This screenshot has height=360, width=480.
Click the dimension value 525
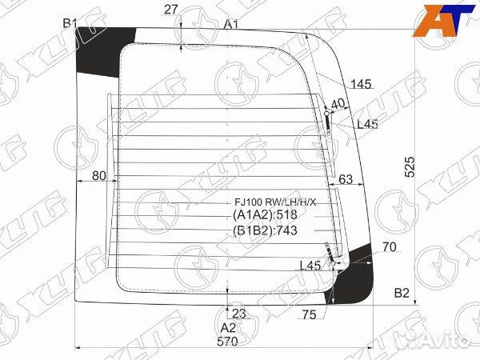410,166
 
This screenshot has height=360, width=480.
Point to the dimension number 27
170,10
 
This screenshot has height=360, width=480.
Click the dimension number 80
99,176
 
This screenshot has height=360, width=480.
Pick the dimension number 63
346,178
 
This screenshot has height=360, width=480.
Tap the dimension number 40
338,103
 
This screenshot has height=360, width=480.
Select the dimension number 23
238,314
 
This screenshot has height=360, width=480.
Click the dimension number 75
309,315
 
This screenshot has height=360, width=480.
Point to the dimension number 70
390,247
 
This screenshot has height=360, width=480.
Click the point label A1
231,25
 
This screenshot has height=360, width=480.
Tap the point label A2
228,327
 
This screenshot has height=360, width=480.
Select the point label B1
70,23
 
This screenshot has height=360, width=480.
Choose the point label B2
402,294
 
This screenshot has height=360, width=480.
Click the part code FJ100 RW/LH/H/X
275,202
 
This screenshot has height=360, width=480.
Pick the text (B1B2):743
264,230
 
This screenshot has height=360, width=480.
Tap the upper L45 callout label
367,123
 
